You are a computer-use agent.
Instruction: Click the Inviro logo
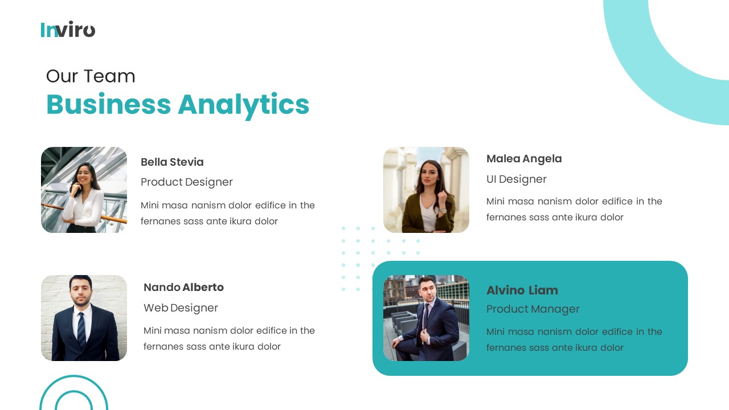click(68, 29)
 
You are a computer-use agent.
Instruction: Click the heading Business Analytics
click(177, 104)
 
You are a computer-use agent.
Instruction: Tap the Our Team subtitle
click(91, 76)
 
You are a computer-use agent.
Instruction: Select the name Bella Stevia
click(172, 162)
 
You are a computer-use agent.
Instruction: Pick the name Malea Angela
click(524, 159)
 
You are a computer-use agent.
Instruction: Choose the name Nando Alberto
click(183, 287)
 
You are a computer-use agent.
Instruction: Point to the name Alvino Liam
click(522, 290)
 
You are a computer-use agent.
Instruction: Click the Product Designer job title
click(187, 182)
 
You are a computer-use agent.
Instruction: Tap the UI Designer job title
click(516, 179)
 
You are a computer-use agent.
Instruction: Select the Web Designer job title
click(181, 307)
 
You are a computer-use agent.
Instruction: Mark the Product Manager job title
click(533, 309)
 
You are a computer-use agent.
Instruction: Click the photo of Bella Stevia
click(84, 190)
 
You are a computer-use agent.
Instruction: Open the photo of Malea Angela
click(426, 190)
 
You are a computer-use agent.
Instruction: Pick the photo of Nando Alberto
click(84, 318)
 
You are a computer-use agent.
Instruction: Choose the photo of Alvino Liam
click(426, 318)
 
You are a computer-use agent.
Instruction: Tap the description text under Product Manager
click(574, 339)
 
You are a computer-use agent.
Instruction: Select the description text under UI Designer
click(574, 209)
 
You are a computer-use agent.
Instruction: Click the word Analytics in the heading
click(243, 104)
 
